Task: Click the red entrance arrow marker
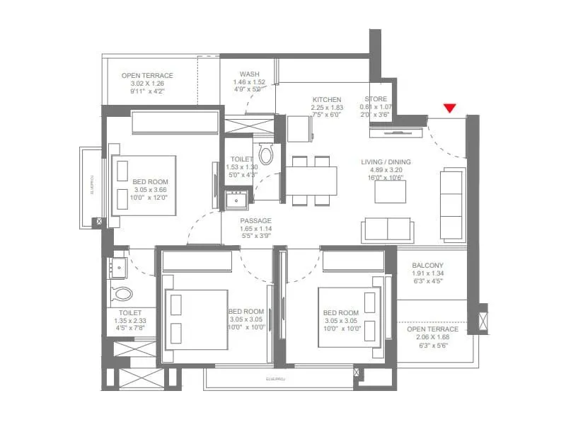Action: point(449,108)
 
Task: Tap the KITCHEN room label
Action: point(326,100)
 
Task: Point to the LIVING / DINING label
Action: point(386,162)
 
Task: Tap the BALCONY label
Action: point(427,266)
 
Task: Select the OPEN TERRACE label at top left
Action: point(147,75)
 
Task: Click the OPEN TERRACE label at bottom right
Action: point(433,329)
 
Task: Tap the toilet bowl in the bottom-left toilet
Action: point(122,293)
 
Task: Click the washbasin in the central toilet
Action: point(236,200)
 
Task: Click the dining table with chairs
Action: point(311,180)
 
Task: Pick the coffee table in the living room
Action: point(390,192)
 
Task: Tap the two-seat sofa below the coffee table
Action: point(388,230)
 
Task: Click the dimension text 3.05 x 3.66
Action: point(150,190)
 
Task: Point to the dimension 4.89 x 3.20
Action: point(386,171)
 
